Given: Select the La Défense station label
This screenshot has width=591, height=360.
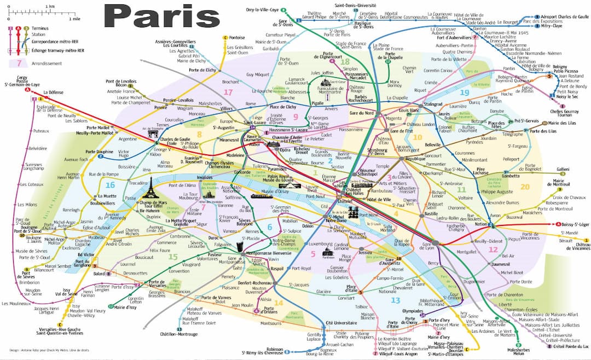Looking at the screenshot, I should [x=54, y=92].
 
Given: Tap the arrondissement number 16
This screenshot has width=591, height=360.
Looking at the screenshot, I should [x=110, y=185].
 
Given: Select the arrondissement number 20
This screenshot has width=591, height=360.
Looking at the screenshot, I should [x=525, y=187].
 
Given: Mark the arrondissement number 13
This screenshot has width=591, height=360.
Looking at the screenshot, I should [x=396, y=300].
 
